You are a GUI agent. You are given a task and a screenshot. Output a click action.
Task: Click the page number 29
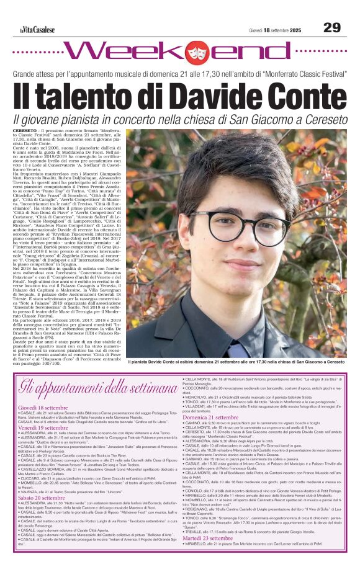point(331,27)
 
